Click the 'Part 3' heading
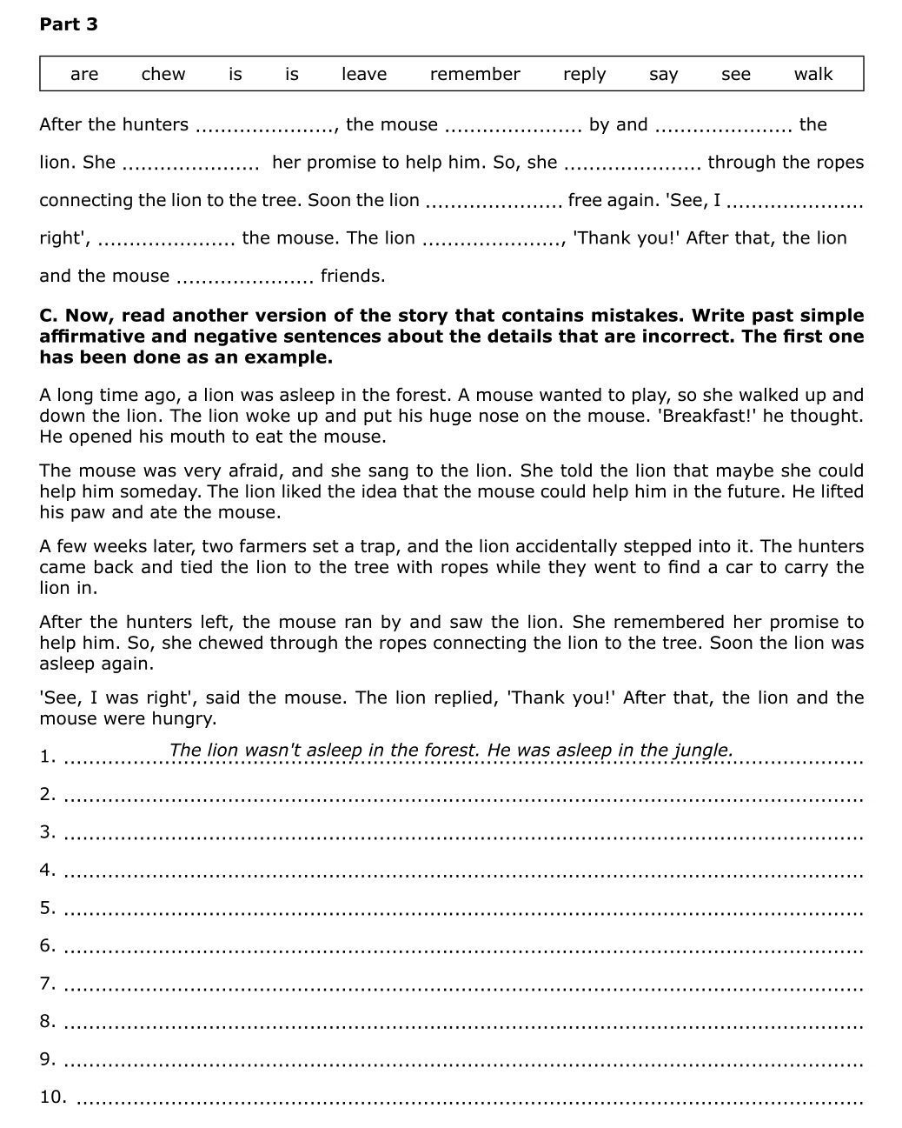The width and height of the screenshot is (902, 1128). [69, 24]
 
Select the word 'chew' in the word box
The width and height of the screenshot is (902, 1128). [163, 74]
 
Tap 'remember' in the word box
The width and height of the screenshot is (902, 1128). [474, 74]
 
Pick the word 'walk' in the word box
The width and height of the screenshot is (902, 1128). [812, 74]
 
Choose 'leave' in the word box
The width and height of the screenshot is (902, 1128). [364, 74]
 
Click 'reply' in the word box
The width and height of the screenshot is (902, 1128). [584, 74]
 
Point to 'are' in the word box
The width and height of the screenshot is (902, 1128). [84, 74]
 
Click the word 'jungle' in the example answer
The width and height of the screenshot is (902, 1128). [702, 750]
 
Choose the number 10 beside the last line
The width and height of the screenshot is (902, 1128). [52, 1097]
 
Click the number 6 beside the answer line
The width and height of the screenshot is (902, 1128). [47, 945]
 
